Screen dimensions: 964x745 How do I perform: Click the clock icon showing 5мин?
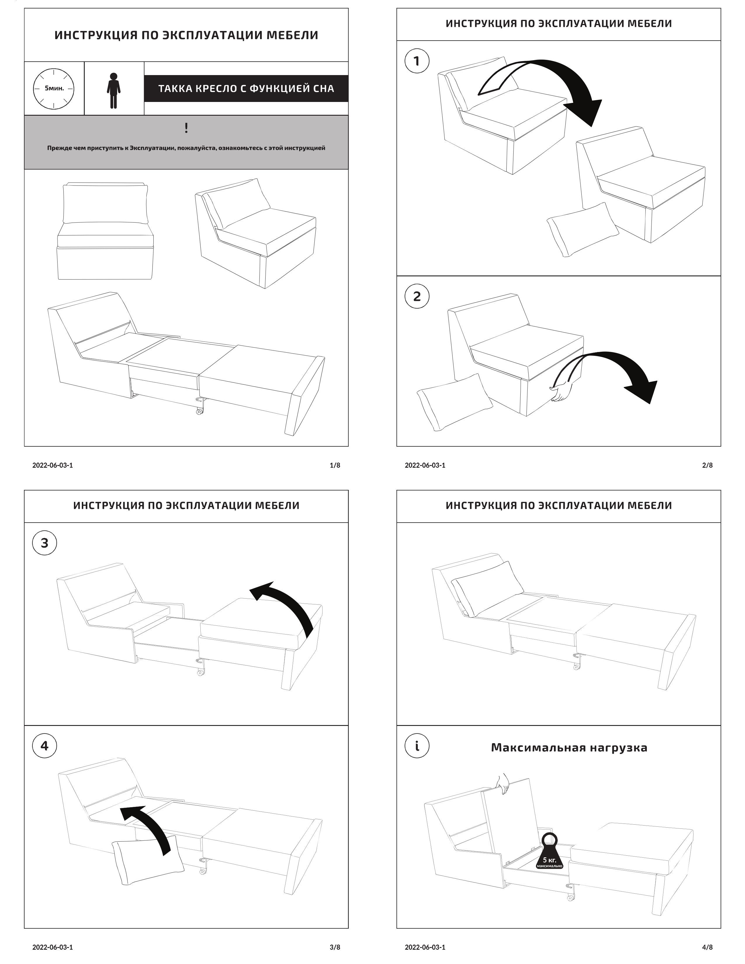(53, 88)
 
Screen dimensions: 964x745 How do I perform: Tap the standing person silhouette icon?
(113, 91)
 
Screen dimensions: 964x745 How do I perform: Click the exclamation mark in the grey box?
(186, 128)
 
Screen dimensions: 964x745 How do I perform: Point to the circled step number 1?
(417, 61)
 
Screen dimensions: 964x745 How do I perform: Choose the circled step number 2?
(417, 296)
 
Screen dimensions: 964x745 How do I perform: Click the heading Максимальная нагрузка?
(569, 747)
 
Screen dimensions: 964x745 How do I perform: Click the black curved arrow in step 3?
(287, 607)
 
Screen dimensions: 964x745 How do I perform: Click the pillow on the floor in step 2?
(455, 402)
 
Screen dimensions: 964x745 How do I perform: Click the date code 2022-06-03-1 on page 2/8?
(425, 465)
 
